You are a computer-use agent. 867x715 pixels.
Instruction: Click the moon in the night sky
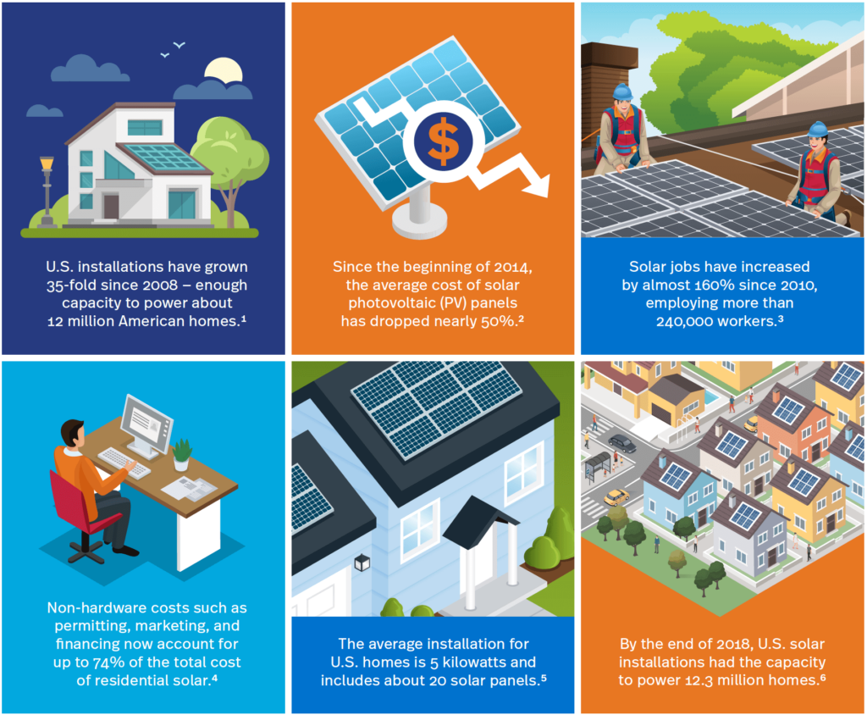(224, 71)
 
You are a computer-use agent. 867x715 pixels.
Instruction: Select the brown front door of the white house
(111, 207)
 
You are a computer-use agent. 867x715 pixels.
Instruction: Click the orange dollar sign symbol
(444, 141)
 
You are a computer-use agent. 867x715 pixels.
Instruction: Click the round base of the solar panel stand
(419, 221)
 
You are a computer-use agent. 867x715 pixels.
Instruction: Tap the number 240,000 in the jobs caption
(684, 322)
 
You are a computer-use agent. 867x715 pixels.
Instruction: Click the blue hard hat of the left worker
(622, 91)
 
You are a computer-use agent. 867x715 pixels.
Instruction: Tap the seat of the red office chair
(102, 523)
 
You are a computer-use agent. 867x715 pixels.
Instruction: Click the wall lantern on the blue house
(362, 563)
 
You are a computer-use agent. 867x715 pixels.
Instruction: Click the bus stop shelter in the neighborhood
(598, 465)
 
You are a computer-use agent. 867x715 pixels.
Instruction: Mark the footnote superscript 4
(214, 676)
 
